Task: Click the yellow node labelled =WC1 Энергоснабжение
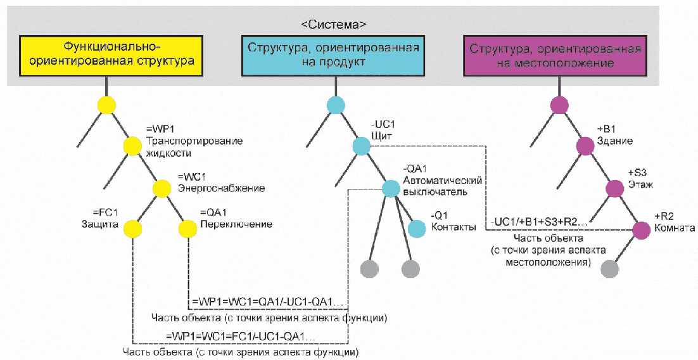(x=162, y=188)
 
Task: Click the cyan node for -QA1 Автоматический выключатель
(x=391, y=188)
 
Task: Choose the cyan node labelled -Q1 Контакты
(x=417, y=228)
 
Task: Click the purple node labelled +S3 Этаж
(x=614, y=188)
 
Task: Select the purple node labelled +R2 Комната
(x=642, y=228)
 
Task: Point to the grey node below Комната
(x=610, y=269)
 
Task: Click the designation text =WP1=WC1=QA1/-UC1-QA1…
(x=266, y=301)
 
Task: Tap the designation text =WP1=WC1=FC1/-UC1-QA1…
(x=241, y=335)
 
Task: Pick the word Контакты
(x=454, y=227)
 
